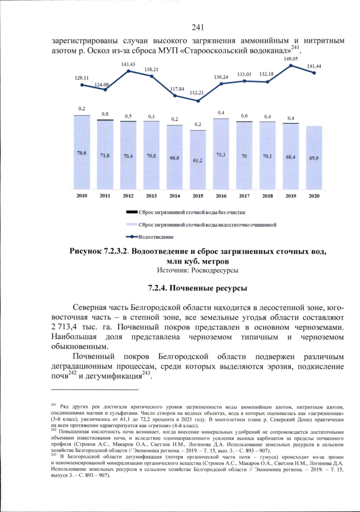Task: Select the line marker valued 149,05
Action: coord(291,66)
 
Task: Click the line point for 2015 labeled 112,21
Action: coord(198,101)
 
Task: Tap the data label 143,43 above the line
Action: coord(129,65)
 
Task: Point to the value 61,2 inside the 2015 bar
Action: coord(198,161)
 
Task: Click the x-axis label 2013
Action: coord(151,196)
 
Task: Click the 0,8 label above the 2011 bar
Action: coord(105,114)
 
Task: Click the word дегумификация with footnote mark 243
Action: coord(115,377)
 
